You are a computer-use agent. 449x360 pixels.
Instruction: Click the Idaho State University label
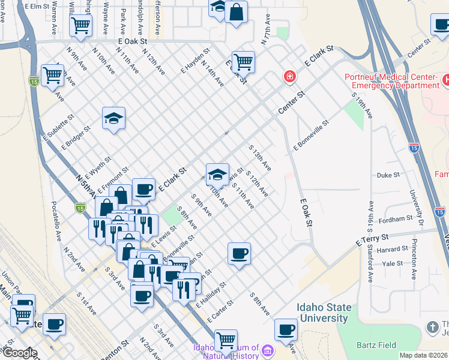click(x=324, y=312)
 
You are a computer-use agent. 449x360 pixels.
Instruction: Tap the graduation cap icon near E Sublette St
click(x=113, y=119)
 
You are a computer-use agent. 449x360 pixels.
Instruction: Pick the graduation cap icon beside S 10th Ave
click(x=217, y=175)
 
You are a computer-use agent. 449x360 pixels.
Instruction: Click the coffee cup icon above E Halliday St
click(x=239, y=254)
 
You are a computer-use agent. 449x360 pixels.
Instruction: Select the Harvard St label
click(x=392, y=250)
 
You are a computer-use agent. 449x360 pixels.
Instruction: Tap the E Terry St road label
click(x=373, y=239)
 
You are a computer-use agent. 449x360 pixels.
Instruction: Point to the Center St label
click(x=292, y=103)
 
